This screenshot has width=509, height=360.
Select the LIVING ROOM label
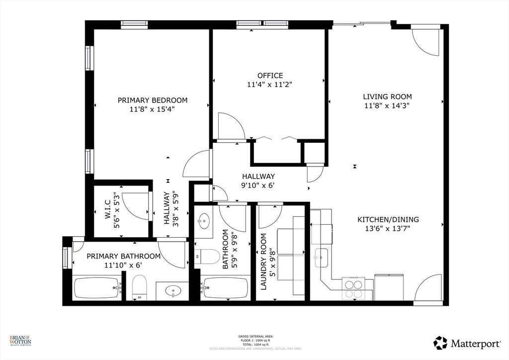[387, 96]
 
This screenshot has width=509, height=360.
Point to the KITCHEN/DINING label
[388, 219]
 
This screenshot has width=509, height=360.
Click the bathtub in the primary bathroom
[97, 288]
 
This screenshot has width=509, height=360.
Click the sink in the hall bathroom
[204, 222]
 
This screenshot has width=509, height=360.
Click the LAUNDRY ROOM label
[264, 262]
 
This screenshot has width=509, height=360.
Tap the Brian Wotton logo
[20, 341]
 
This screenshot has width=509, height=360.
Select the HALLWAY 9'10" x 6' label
[258, 180]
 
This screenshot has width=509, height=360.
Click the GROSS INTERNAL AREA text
[255, 337]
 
